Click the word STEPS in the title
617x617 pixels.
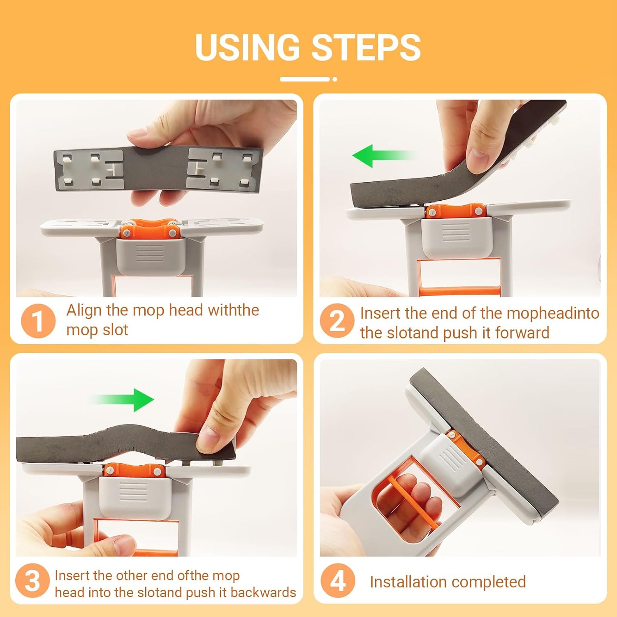[366, 47]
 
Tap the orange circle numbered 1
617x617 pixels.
[38, 321]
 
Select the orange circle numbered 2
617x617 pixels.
[337, 321]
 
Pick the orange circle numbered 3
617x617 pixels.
[32, 581]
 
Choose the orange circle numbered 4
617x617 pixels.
[338, 580]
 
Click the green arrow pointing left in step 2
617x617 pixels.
[385, 156]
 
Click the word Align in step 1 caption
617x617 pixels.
[84, 311]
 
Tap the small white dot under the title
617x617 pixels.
[335, 79]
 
